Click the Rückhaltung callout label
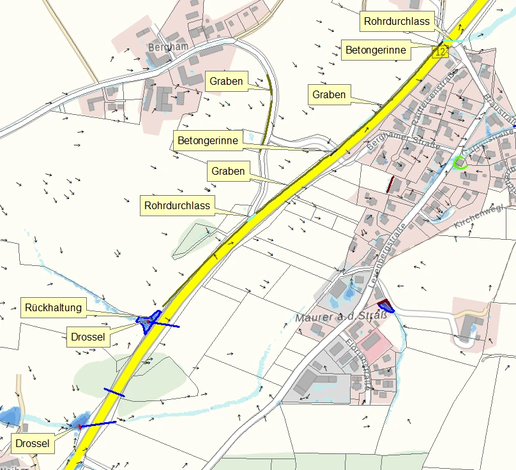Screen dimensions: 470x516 tap(54, 307)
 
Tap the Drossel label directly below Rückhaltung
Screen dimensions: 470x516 tap(88, 336)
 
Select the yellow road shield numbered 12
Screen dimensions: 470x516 tap(439, 52)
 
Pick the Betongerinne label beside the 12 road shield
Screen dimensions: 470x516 tap(376, 50)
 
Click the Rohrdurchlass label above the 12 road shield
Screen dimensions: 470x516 tap(397, 21)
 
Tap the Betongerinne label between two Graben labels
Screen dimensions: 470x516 tap(208, 140)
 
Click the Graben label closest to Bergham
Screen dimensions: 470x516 tap(225, 81)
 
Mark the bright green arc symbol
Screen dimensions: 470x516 tap(459, 163)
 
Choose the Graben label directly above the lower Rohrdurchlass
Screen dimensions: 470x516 tap(228, 171)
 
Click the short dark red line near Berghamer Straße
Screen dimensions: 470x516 tap(390, 184)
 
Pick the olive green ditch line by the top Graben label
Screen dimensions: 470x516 tap(269, 108)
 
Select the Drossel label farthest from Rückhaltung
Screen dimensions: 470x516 tap(32, 443)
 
